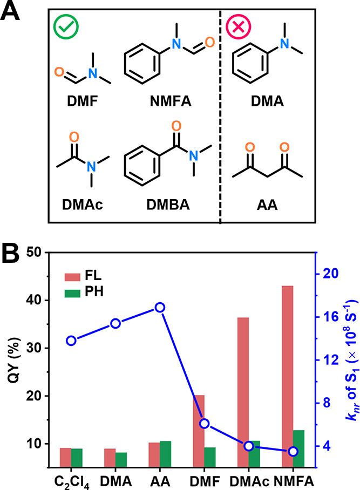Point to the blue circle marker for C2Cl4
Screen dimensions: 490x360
71,341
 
